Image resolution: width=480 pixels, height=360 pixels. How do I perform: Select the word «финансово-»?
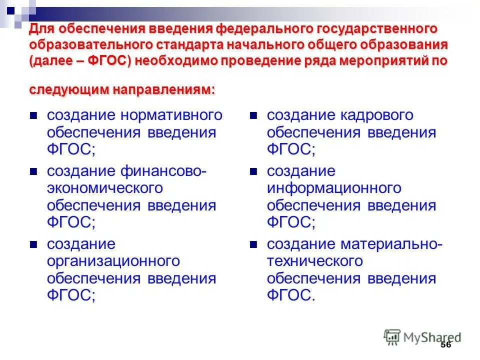(162, 171)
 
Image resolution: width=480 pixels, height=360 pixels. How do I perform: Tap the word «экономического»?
(105, 188)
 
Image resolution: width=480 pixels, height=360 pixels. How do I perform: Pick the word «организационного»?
(113, 261)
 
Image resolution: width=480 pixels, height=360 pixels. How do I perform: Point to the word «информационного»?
(334, 188)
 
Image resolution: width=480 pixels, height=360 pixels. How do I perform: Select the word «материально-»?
(391, 244)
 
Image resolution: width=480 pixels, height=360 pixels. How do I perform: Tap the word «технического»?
(314, 261)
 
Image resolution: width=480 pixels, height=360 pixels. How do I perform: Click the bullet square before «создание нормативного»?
(34, 116)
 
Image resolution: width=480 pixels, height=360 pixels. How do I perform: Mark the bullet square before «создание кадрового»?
(254, 116)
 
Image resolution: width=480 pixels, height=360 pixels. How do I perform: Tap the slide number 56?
(446, 345)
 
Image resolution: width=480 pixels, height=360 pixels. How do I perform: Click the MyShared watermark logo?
(422, 337)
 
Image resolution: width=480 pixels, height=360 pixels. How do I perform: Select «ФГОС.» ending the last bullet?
(291, 295)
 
